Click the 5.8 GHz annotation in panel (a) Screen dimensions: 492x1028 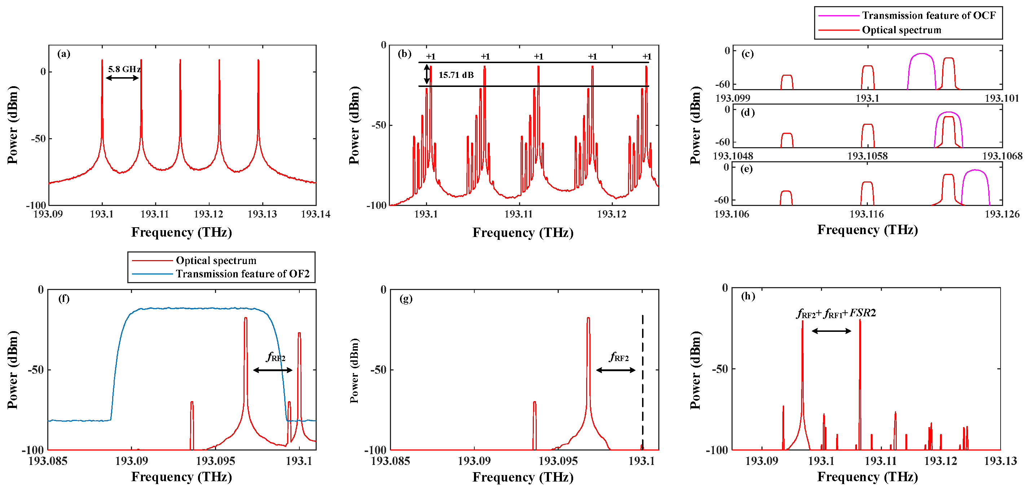[124, 69]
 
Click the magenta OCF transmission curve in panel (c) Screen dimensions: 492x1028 [922, 54]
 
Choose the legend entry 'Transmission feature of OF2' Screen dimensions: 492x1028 [242, 274]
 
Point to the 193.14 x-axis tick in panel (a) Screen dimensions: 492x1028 [315, 214]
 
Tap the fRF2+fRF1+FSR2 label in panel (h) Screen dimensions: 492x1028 [836, 313]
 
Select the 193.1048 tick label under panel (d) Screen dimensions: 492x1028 [733, 156]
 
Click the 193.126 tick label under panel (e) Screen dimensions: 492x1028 [1002, 214]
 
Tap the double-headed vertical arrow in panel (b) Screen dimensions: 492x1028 [427, 74]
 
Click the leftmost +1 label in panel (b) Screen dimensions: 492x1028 [430, 57]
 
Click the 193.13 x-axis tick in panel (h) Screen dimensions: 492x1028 [1000, 461]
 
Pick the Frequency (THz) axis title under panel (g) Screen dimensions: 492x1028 [523, 477]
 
